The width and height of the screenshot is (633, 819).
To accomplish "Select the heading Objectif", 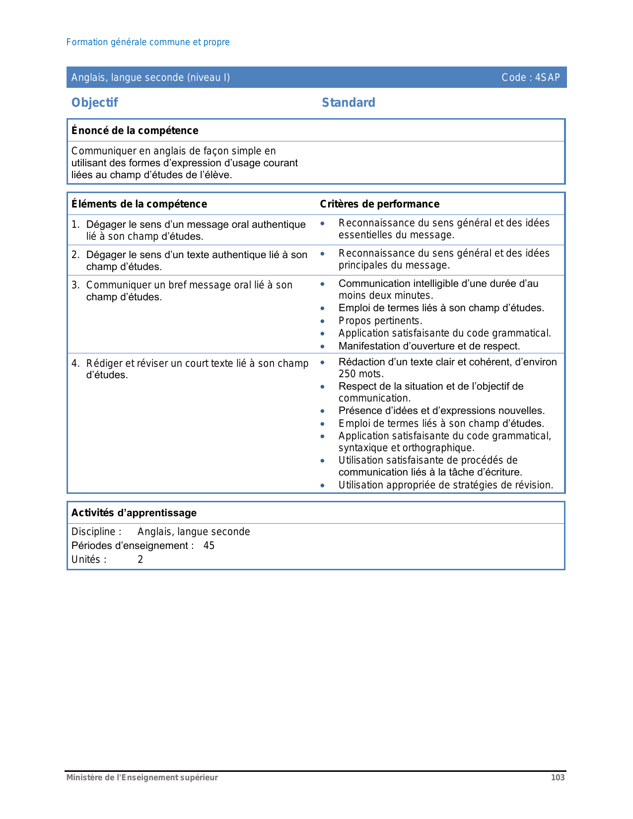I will coord(95,103).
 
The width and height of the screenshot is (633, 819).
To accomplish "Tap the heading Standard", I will coord(349,103).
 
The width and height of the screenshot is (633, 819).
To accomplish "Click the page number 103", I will coord(558,777).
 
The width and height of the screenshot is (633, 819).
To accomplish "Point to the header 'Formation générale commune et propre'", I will coord(148,42).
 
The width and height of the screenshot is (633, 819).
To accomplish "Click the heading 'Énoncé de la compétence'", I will coord(135,131).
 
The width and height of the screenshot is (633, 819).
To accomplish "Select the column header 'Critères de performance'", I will coord(380,204).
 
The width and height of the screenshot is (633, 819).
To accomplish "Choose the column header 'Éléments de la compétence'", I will coord(139,204).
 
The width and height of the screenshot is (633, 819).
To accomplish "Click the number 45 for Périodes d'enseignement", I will coord(209,546).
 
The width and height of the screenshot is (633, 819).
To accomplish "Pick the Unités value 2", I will coord(141,559).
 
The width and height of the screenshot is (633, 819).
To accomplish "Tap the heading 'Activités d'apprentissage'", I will coord(134,513).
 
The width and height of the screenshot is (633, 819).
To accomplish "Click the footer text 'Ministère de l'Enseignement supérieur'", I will coord(142,777).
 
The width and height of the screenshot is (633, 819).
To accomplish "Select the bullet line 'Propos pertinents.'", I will coord(380,321).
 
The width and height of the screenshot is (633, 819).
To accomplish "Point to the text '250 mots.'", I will coord(361,374).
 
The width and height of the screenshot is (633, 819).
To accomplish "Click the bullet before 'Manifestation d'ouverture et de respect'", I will coord(323,346).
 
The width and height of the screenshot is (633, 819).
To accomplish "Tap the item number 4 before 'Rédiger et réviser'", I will coord(74,363).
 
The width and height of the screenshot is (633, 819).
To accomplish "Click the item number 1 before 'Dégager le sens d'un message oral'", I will coord(74,224).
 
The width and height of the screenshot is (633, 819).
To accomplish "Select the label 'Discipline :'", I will coord(96,532).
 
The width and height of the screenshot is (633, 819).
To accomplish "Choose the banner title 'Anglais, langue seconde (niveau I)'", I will coord(150,77).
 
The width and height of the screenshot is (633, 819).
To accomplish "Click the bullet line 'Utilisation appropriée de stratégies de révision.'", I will coord(446,485).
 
